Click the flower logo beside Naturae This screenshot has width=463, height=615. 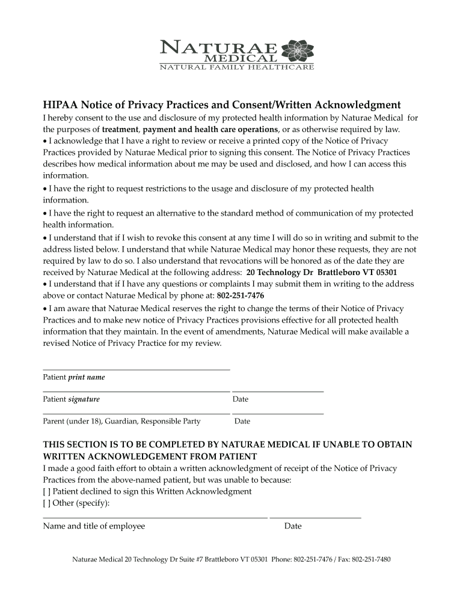point(294,50)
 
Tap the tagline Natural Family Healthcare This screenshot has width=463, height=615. point(236,67)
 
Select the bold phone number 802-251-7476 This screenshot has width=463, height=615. point(240,296)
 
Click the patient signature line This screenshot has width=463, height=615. point(136,392)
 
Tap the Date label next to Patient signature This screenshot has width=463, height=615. point(241,399)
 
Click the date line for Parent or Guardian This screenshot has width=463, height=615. point(278,414)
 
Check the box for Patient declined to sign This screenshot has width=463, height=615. point(46,491)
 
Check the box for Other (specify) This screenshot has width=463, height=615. point(46,503)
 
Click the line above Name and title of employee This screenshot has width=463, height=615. point(155,517)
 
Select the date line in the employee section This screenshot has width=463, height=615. point(315,517)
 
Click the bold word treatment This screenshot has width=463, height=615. point(120,130)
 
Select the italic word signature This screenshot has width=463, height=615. point(84,399)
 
